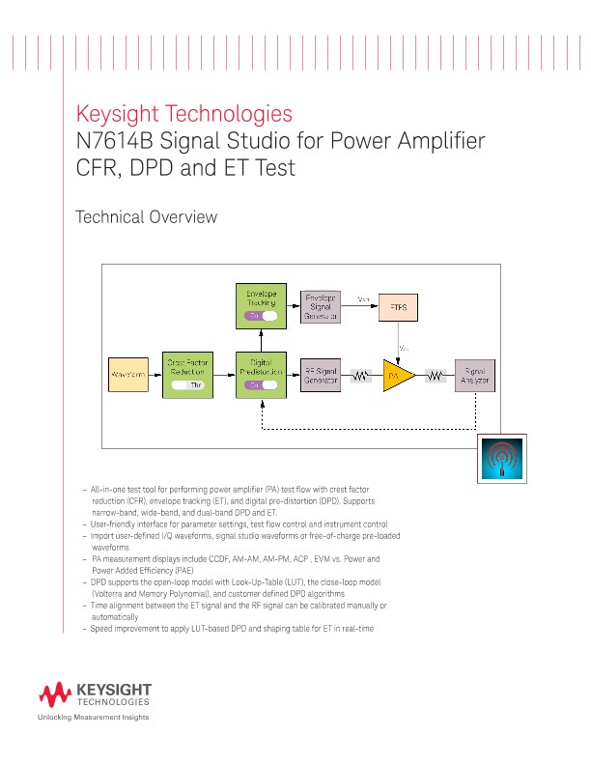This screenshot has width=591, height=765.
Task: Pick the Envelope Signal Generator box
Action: pyautogui.click(x=320, y=305)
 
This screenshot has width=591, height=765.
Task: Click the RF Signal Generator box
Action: pyautogui.click(x=320, y=376)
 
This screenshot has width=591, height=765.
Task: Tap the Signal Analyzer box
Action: pyautogui.click(x=475, y=376)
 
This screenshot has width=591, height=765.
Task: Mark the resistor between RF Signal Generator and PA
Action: pyautogui.click(x=361, y=377)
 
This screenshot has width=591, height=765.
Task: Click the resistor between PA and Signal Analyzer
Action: pyautogui.click(x=436, y=377)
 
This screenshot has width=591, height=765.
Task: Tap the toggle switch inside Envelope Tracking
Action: pyautogui.click(x=261, y=316)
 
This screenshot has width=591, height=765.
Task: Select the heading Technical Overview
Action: pyautogui.click(x=146, y=217)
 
